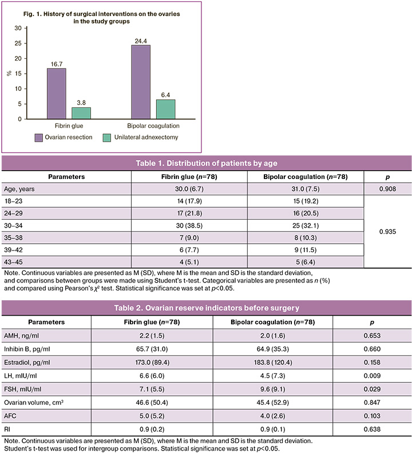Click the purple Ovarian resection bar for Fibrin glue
[56, 94]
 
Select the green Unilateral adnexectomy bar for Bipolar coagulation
[166, 109]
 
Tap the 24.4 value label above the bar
[140, 40]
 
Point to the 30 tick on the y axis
[17, 28]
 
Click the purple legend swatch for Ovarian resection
[39, 138]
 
